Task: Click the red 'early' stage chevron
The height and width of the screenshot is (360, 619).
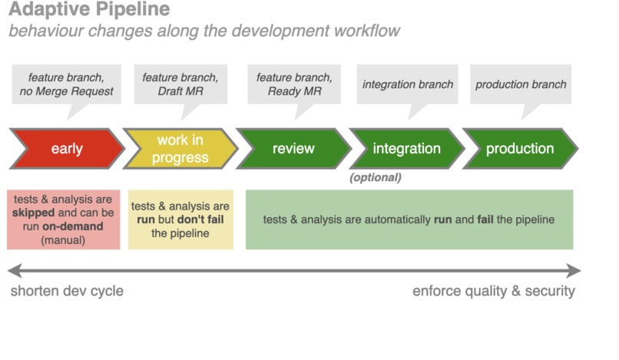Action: pyautogui.click(x=66, y=149)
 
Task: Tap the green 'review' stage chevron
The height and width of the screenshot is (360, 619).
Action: pyautogui.click(x=293, y=149)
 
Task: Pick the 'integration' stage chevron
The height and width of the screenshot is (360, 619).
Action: pyautogui.click(x=406, y=149)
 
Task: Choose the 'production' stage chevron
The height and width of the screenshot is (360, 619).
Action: pyautogui.click(x=519, y=149)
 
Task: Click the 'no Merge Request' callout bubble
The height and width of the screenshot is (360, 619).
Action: pyautogui.click(x=66, y=84)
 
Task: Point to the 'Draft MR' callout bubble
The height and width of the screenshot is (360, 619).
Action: pyautogui.click(x=180, y=84)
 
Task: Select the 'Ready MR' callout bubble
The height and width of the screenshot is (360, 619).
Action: pyautogui.click(x=293, y=84)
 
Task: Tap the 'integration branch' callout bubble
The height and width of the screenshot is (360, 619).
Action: pyautogui.click(x=407, y=84)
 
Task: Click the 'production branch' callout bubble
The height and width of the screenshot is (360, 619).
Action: pyautogui.click(x=520, y=84)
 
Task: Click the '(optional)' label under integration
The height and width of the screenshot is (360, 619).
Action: pyautogui.click(x=376, y=177)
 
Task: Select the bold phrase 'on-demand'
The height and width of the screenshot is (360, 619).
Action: pyautogui.click(x=68, y=227)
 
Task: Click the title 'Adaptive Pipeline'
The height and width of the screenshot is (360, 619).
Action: pyautogui.click(x=90, y=11)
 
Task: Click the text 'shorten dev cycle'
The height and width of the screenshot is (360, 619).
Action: pyautogui.click(x=67, y=291)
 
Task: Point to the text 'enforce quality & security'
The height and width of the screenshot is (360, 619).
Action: pyautogui.click(x=493, y=291)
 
